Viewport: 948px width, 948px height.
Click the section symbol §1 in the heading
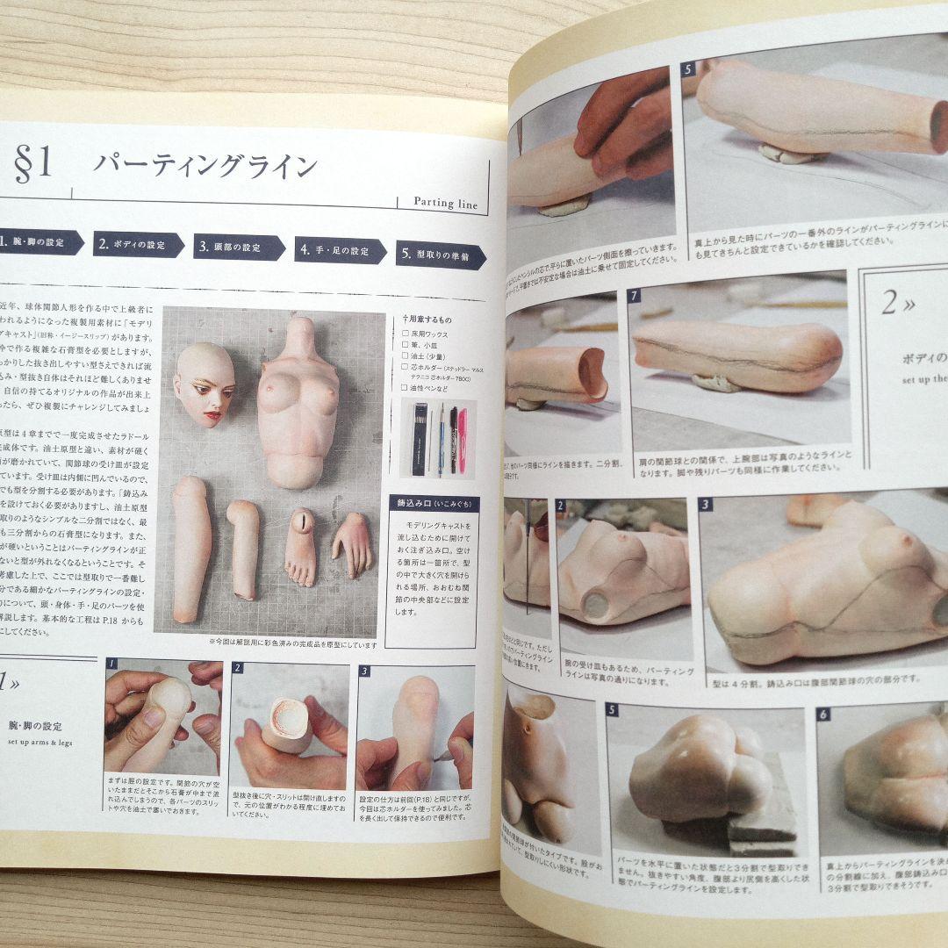(x=33, y=164)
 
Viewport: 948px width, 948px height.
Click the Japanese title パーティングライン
(x=205, y=166)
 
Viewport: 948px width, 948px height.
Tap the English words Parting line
(x=446, y=203)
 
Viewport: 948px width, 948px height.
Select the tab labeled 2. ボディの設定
(x=138, y=244)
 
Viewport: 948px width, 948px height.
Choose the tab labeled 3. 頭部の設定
(x=238, y=248)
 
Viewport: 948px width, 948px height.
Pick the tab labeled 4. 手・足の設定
(x=339, y=251)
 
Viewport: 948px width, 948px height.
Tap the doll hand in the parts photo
(x=354, y=543)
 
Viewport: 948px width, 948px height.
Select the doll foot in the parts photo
(x=300, y=545)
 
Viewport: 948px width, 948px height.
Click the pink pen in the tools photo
(x=462, y=438)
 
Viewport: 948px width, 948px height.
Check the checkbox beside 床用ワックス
(x=404, y=334)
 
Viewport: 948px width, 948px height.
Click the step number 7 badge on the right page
(x=634, y=296)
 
